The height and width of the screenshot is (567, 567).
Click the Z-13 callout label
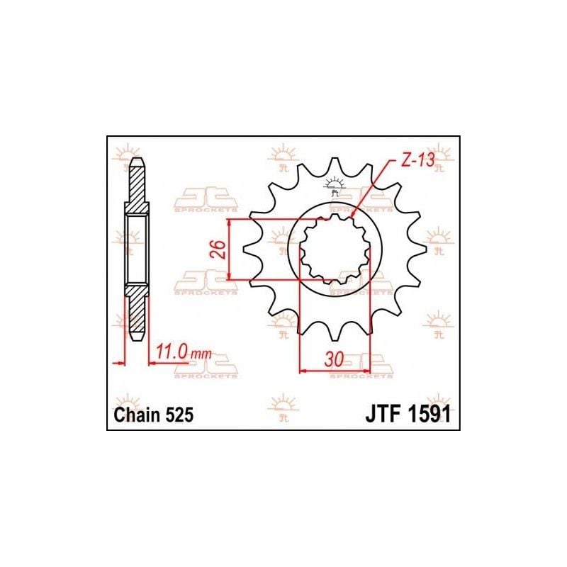pyautogui.click(x=417, y=161)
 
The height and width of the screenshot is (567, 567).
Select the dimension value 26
pyautogui.click(x=220, y=249)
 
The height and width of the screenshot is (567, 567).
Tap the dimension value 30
pyautogui.click(x=334, y=359)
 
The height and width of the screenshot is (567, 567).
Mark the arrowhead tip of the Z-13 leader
pyautogui.click(x=352, y=216)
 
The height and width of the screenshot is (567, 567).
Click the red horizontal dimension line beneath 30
pyautogui.click(x=335, y=370)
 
